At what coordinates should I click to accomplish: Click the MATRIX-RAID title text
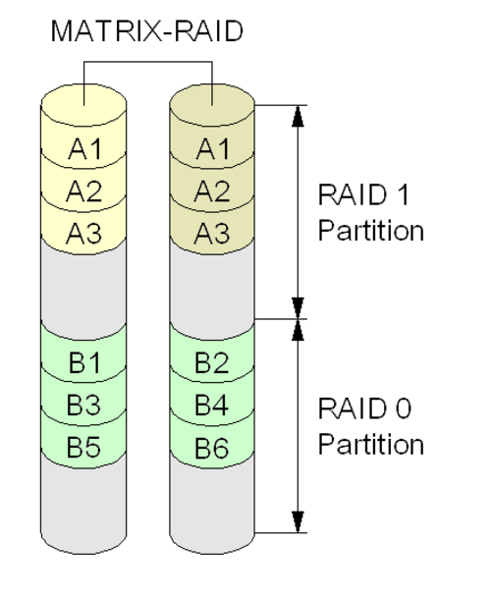click(x=146, y=31)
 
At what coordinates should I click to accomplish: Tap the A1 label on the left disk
click(x=85, y=149)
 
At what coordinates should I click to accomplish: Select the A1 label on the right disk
click(x=213, y=149)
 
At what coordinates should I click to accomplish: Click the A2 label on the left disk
click(x=84, y=191)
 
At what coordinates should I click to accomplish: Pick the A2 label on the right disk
click(x=212, y=191)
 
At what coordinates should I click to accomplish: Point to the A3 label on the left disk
click(x=84, y=234)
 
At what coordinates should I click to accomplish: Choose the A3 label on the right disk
click(x=212, y=234)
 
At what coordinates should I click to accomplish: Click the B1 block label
click(x=85, y=362)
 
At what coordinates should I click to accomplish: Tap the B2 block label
click(x=212, y=362)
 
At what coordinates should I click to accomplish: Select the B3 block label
click(x=84, y=405)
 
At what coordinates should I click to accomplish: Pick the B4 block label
click(x=212, y=405)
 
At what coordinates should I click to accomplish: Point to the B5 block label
click(x=84, y=447)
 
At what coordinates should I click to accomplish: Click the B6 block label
click(x=212, y=448)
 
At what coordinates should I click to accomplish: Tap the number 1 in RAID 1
click(x=404, y=194)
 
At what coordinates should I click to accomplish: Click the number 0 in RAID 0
click(x=404, y=408)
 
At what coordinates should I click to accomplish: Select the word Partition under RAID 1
click(x=371, y=231)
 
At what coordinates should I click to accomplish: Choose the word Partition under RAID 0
click(x=371, y=445)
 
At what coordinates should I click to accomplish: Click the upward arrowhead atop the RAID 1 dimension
click(x=298, y=116)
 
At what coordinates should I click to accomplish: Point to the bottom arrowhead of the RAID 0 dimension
click(x=298, y=521)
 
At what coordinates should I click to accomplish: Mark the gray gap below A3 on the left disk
click(x=83, y=286)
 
